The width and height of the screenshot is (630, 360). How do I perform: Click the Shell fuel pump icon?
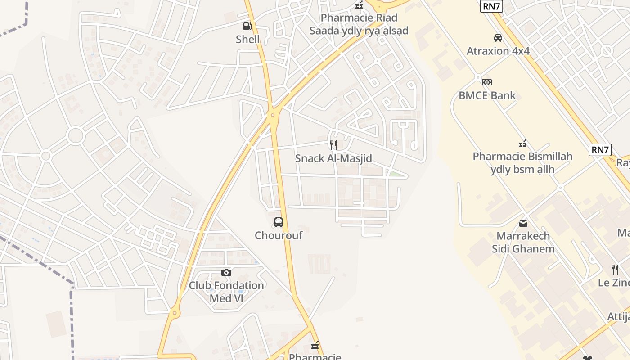tap(247, 26)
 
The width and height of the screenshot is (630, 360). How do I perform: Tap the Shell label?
tap(247, 40)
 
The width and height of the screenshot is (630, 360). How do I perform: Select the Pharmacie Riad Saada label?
tap(359, 24)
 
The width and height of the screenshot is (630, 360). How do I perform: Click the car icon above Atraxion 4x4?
tap(498, 38)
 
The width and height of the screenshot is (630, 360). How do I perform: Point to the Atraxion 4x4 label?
tap(498, 51)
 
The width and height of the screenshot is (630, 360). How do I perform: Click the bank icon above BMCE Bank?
tap(487, 82)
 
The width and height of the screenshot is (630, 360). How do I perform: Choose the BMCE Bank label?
tap(487, 95)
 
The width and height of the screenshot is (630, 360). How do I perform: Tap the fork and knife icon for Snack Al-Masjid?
tap(333, 145)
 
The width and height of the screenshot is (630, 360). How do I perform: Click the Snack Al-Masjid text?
tap(333, 158)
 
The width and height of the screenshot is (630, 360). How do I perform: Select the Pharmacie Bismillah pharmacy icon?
tap(522, 144)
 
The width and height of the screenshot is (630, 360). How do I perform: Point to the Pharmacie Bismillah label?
tap(522, 163)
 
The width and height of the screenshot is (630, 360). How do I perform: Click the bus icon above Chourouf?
tap(279, 222)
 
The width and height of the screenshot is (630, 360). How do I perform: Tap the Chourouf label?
tap(279, 235)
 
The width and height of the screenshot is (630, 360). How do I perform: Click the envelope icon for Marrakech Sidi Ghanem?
tap(523, 223)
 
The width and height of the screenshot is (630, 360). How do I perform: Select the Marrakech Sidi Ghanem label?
tap(523, 242)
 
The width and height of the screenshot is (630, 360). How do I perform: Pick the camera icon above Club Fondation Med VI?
tap(226, 272)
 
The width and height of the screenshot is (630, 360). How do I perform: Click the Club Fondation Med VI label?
tap(226, 292)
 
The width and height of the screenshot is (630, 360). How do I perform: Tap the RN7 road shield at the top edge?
tap(491, 6)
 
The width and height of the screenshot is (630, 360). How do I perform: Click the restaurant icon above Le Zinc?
tap(615, 270)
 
